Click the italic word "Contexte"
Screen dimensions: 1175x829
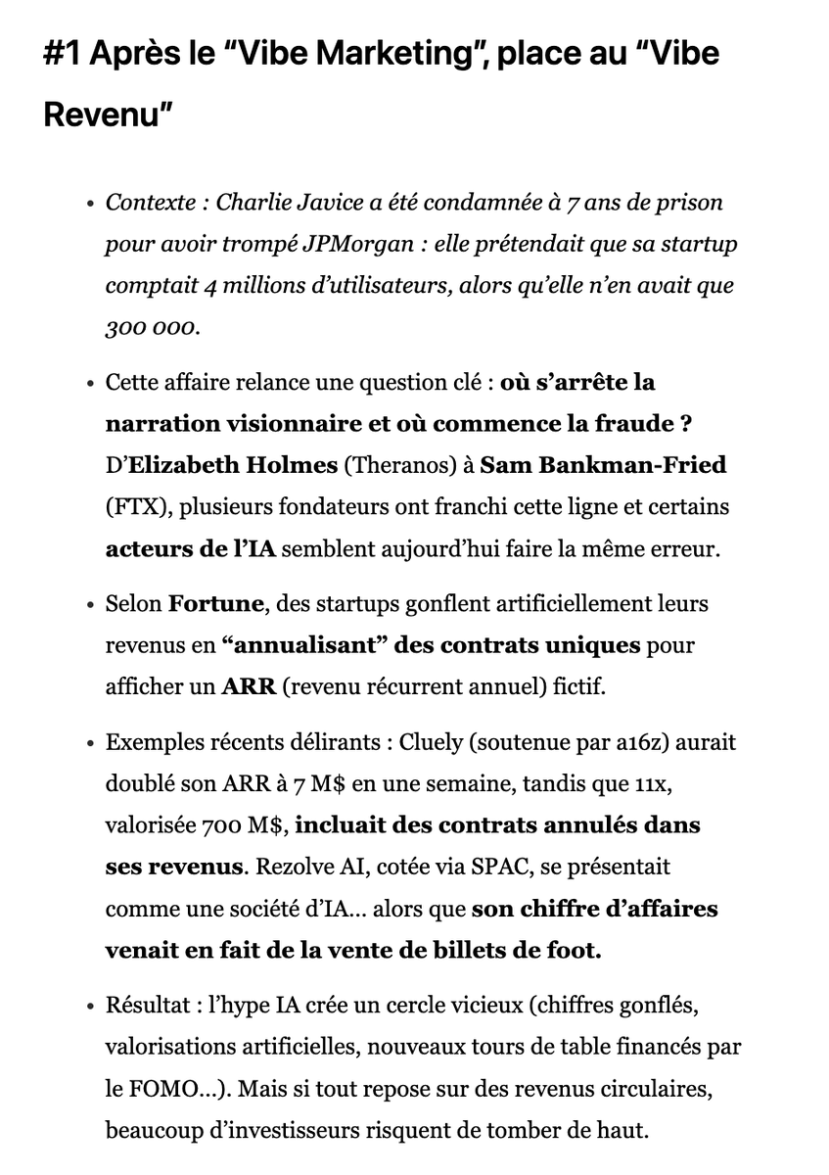tap(150, 203)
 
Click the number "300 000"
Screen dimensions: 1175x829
tap(152, 327)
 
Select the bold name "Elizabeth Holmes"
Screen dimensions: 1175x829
tap(232, 465)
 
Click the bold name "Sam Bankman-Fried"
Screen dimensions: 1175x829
tap(603, 465)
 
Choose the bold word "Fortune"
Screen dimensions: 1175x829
tap(216, 603)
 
